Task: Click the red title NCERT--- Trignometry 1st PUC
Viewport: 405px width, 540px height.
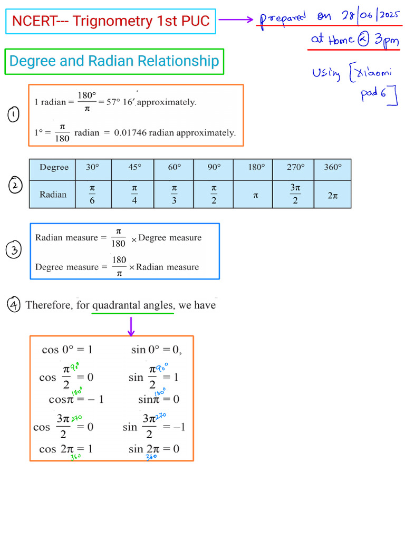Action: tap(111, 21)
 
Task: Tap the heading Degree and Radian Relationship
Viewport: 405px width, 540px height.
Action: tap(114, 61)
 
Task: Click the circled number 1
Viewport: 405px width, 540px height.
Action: tap(14, 115)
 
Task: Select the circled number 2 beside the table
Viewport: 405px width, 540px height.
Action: tap(16, 186)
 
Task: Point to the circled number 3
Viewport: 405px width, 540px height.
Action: tap(14, 250)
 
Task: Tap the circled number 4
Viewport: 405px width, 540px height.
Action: tap(14, 304)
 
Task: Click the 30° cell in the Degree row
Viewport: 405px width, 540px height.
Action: tap(92, 167)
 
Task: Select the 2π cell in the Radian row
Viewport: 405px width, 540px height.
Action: tap(332, 195)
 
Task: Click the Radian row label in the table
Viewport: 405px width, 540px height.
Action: tap(53, 195)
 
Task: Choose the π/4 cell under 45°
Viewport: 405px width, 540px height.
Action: tap(134, 195)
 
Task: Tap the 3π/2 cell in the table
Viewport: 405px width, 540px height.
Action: tap(295, 195)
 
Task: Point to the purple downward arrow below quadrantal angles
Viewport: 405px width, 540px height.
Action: tap(131, 325)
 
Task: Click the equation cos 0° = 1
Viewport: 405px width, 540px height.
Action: tap(67, 350)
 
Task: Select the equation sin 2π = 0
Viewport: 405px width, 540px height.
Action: tap(154, 449)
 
